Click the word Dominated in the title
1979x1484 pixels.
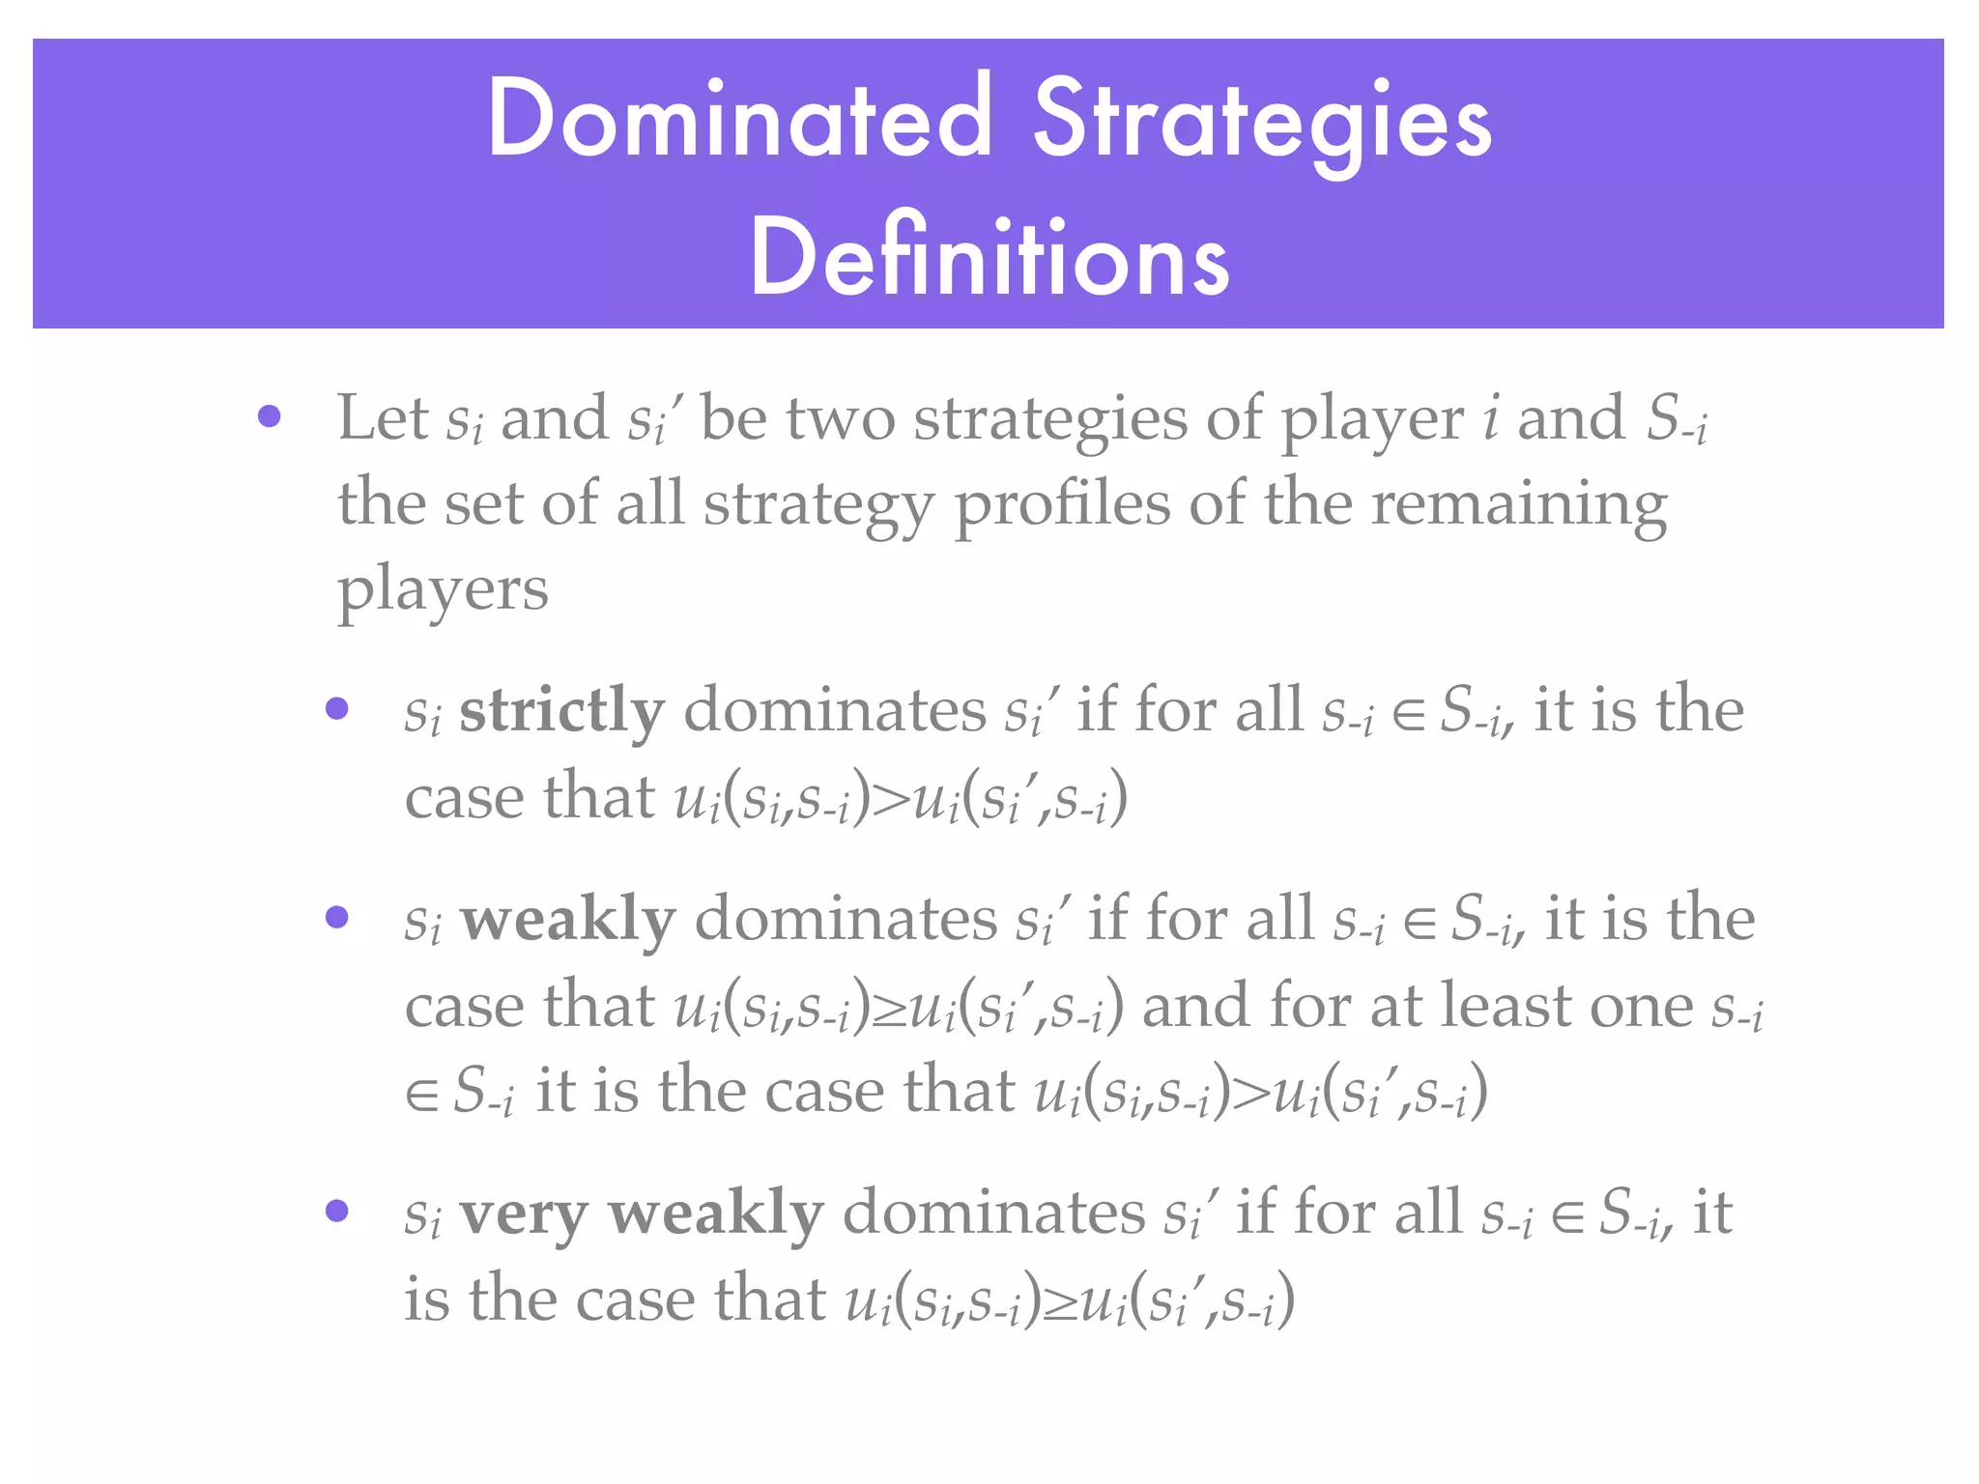(x=739, y=119)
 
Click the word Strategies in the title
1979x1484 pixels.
(x=1263, y=124)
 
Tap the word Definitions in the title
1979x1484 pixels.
(x=989, y=258)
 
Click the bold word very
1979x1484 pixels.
(x=523, y=1214)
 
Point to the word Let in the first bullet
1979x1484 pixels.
(x=383, y=417)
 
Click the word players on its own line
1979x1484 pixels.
(x=443, y=589)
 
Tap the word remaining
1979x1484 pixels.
(x=1519, y=505)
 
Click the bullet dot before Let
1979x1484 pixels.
(x=270, y=417)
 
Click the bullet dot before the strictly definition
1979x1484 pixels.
(x=337, y=709)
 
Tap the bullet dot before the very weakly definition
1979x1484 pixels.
(x=337, y=1211)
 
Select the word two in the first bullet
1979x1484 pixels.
(x=841, y=419)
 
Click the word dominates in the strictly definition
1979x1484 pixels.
(x=835, y=711)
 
